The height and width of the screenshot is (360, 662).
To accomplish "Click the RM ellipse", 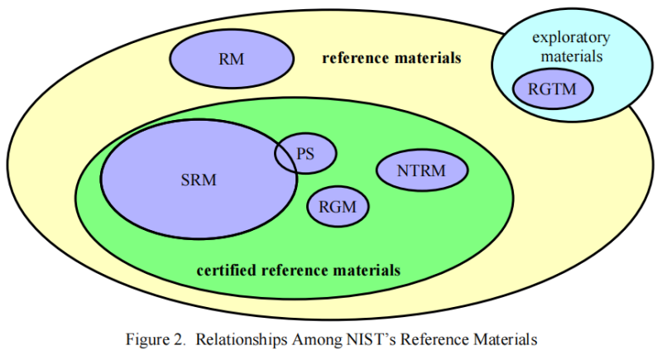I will tap(232, 60).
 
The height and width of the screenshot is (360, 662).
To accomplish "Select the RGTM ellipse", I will tap(554, 89).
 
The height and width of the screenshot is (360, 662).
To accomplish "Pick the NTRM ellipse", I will tap(422, 171).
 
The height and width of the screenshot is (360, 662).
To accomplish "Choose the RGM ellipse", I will tap(338, 207).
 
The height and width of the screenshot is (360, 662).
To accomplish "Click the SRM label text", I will tap(198, 180).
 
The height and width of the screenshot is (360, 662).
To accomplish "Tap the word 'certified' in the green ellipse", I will tap(226, 271).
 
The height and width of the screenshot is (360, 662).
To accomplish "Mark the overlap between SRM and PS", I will tap(286, 155).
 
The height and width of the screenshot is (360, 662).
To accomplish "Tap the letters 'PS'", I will tap(306, 153).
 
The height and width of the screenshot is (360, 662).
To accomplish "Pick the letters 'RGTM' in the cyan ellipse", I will tap(554, 89).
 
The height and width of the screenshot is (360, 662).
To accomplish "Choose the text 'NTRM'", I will tap(422, 171).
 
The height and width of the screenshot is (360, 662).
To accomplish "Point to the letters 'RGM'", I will tap(338, 207).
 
